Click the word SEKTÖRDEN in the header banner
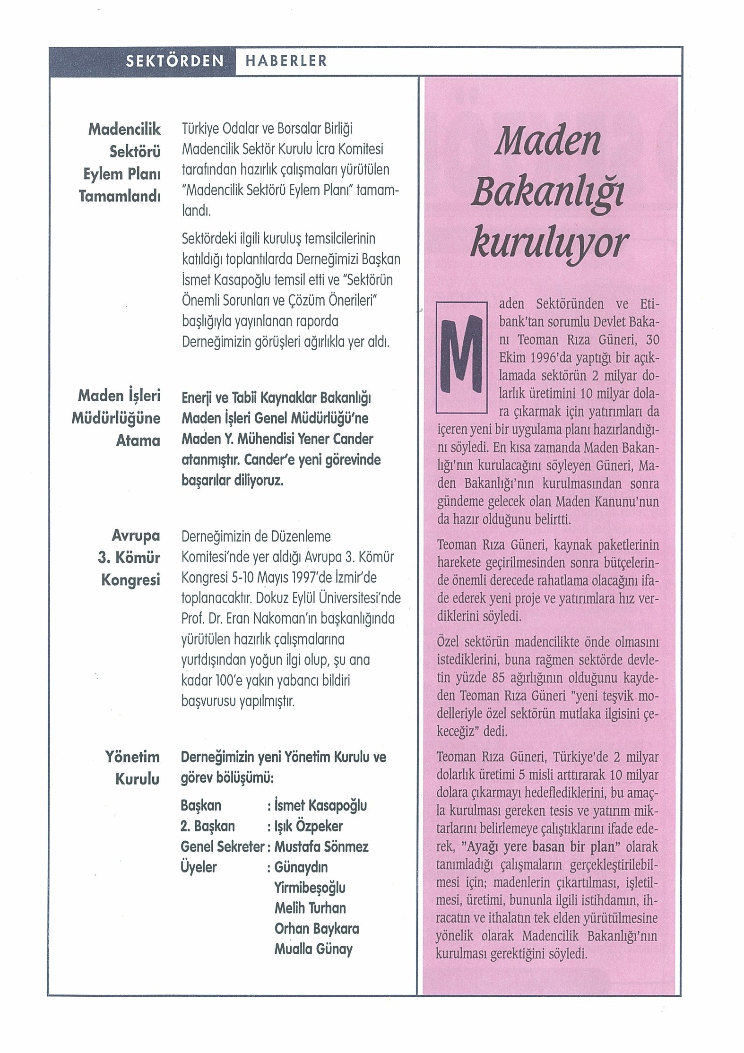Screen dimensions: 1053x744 (x=174, y=61)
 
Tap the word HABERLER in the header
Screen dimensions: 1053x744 (x=286, y=61)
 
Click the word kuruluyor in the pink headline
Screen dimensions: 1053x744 (x=549, y=244)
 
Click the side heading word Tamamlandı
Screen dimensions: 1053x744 (x=120, y=196)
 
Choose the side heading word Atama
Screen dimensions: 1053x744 (x=138, y=440)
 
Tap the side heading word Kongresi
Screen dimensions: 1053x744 (x=130, y=579)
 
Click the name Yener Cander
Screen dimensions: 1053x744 (x=329, y=439)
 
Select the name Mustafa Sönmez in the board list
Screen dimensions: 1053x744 (x=321, y=846)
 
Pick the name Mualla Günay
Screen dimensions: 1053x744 (x=313, y=949)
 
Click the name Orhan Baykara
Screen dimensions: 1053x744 (x=317, y=928)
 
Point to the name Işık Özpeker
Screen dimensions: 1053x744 (x=309, y=826)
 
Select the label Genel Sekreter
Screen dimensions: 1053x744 (x=222, y=846)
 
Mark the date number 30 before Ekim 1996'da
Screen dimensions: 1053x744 (x=652, y=340)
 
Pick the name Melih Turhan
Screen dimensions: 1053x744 (x=310, y=907)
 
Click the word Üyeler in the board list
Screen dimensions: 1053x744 (x=199, y=867)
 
